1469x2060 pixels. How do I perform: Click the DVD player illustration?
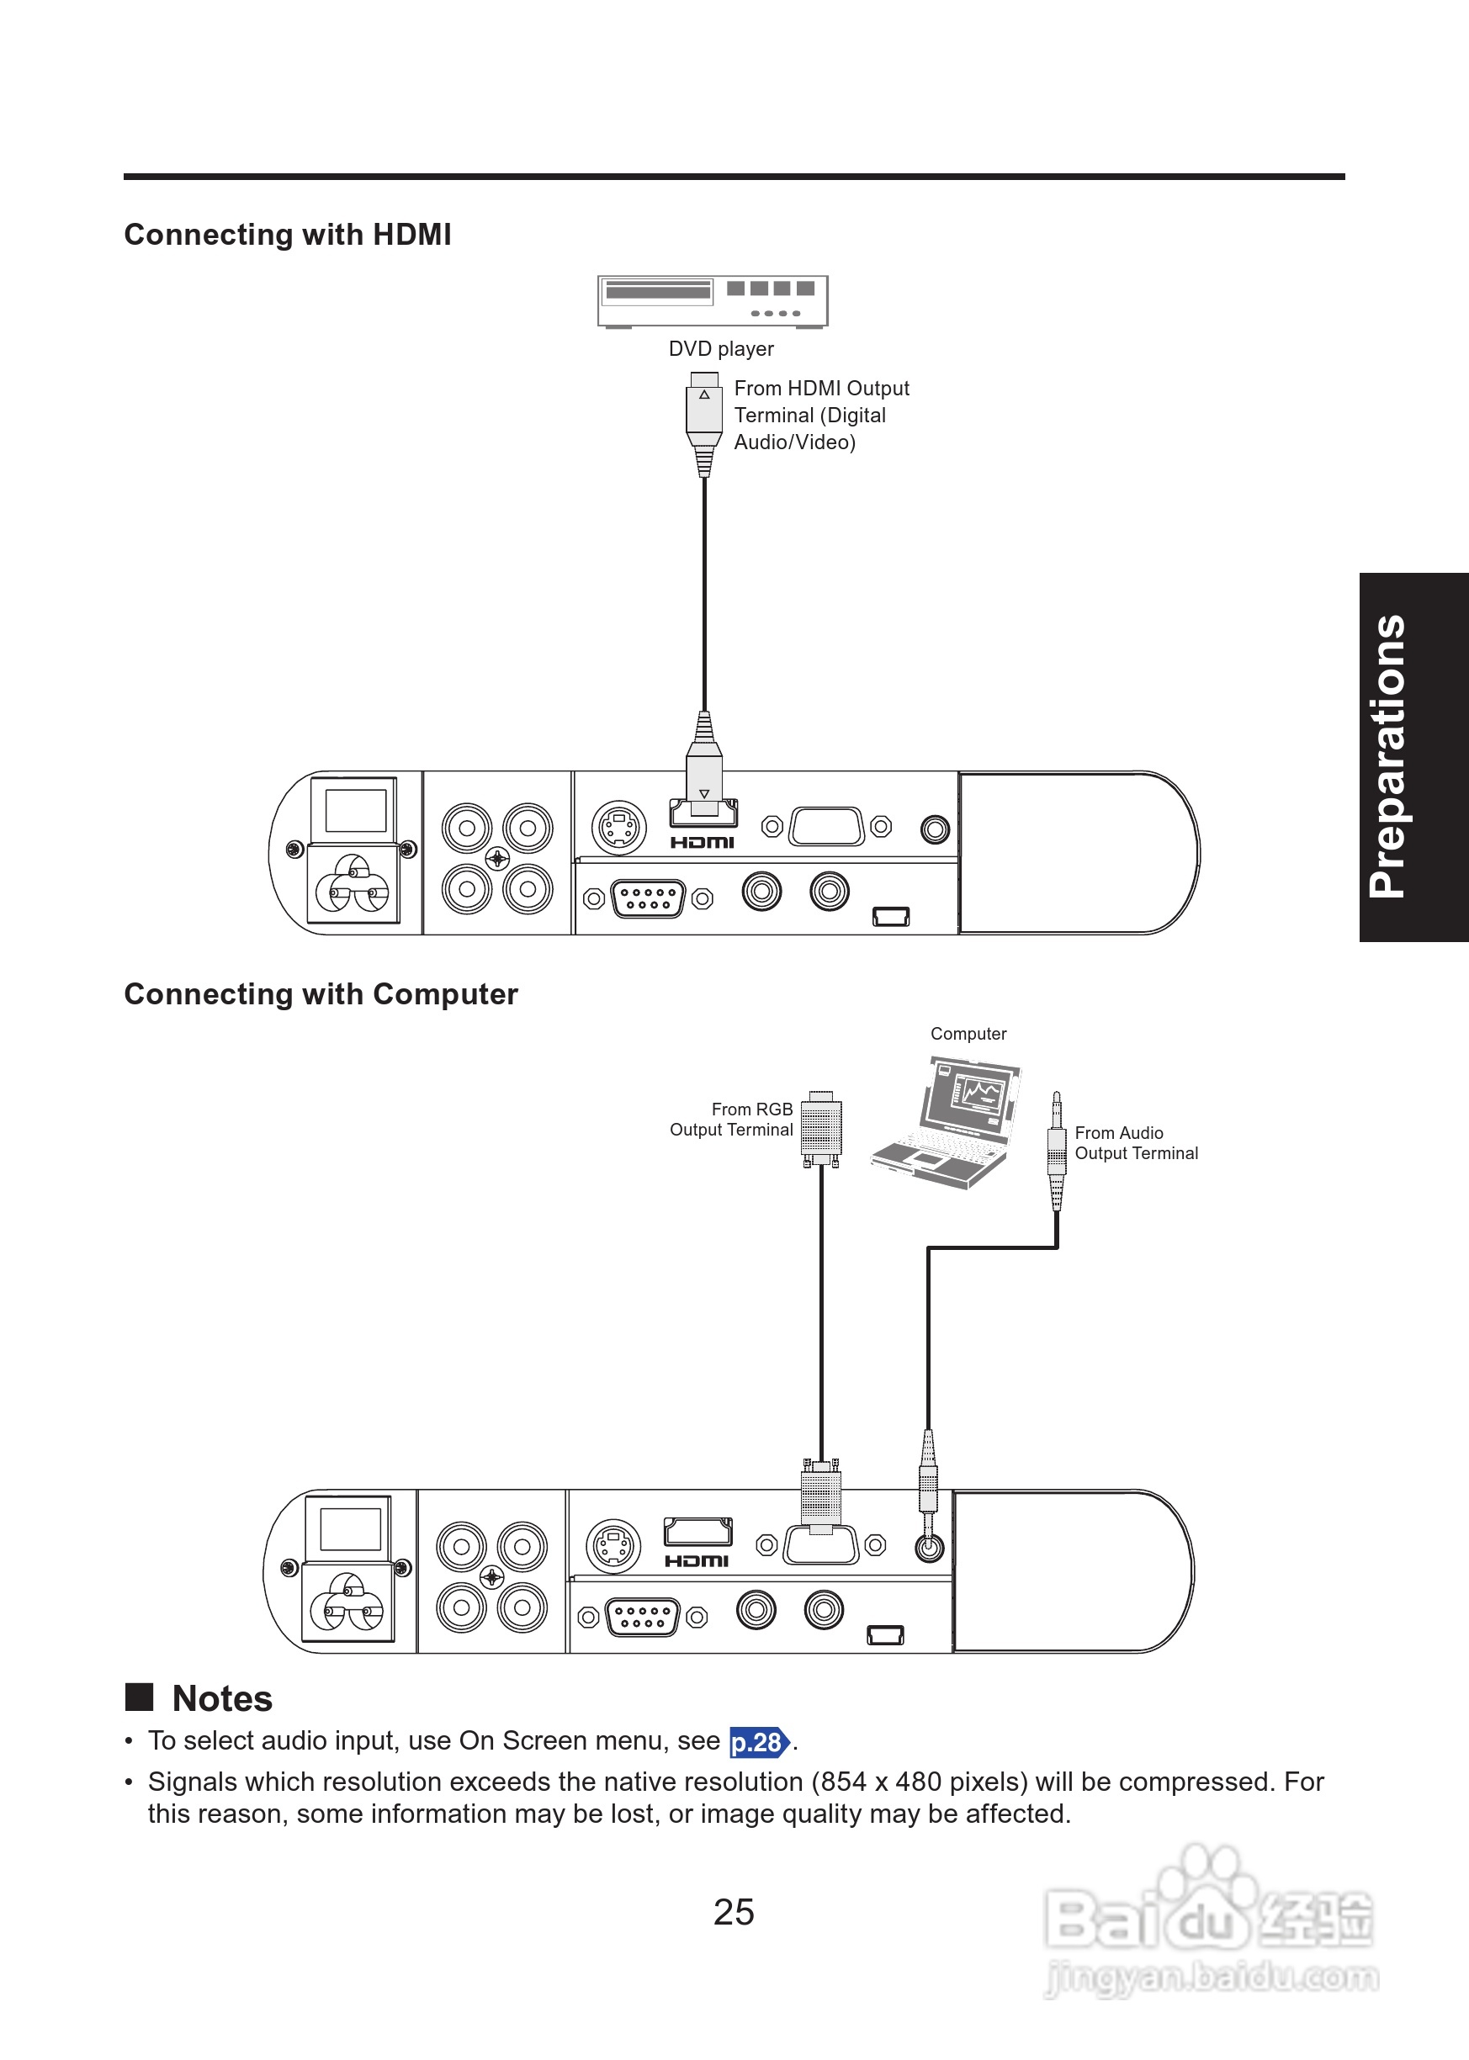tap(713, 302)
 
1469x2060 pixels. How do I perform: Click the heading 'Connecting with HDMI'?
tap(288, 234)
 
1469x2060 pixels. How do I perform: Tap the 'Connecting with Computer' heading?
tap(321, 993)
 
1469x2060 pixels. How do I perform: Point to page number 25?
tap(734, 1911)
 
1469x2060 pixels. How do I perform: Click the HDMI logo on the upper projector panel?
tap(702, 842)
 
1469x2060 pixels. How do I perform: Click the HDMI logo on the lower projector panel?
tap(697, 1561)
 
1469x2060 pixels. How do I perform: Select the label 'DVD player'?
tap(721, 349)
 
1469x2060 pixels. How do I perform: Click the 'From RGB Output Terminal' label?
tap(731, 1120)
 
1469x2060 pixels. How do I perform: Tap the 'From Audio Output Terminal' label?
tap(1136, 1143)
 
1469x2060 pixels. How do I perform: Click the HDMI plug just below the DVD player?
tap(703, 423)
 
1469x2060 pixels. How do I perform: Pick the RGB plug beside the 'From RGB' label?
tap(821, 1130)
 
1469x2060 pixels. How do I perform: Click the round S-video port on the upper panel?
tap(618, 828)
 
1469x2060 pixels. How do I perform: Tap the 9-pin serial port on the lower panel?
tap(642, 1617)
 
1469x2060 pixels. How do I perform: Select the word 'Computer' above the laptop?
tap(968, 1034)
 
